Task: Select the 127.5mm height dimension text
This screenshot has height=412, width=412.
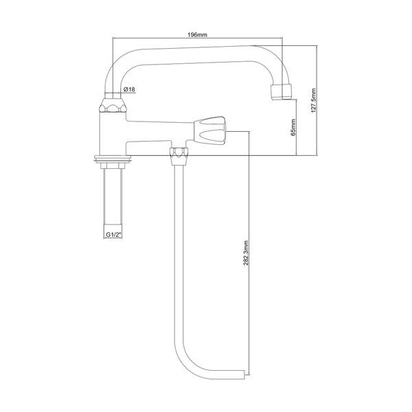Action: pos(313,101)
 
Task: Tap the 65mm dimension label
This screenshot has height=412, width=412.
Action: pos(293,128)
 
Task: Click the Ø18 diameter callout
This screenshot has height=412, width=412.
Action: pos(129,91)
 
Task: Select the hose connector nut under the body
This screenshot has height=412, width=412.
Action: pos(179,153)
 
